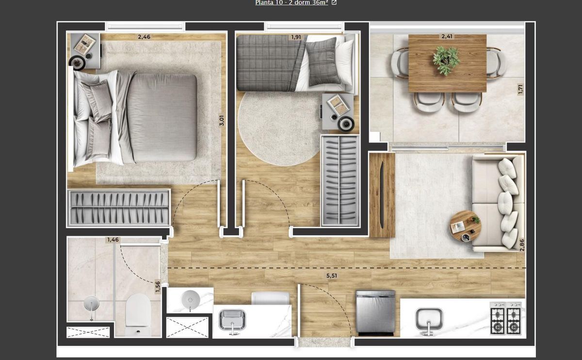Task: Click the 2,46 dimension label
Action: coord(144,37)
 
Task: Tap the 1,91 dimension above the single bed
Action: coord(296,37)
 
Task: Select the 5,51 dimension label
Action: coord(332,276)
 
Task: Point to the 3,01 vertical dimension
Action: coord(221,121)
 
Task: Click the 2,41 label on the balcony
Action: coord(447,36)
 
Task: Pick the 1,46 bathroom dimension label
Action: coord(113,240)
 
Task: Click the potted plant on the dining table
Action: coord(446,60)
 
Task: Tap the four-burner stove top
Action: coord(505,318)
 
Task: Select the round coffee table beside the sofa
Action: coord(465,227)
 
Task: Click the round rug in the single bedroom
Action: coord(279,129)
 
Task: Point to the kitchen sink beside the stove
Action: coord(429,320)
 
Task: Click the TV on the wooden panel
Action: coord(382,195)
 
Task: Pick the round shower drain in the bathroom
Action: coord(91,303)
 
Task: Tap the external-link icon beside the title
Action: coord(334,2)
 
